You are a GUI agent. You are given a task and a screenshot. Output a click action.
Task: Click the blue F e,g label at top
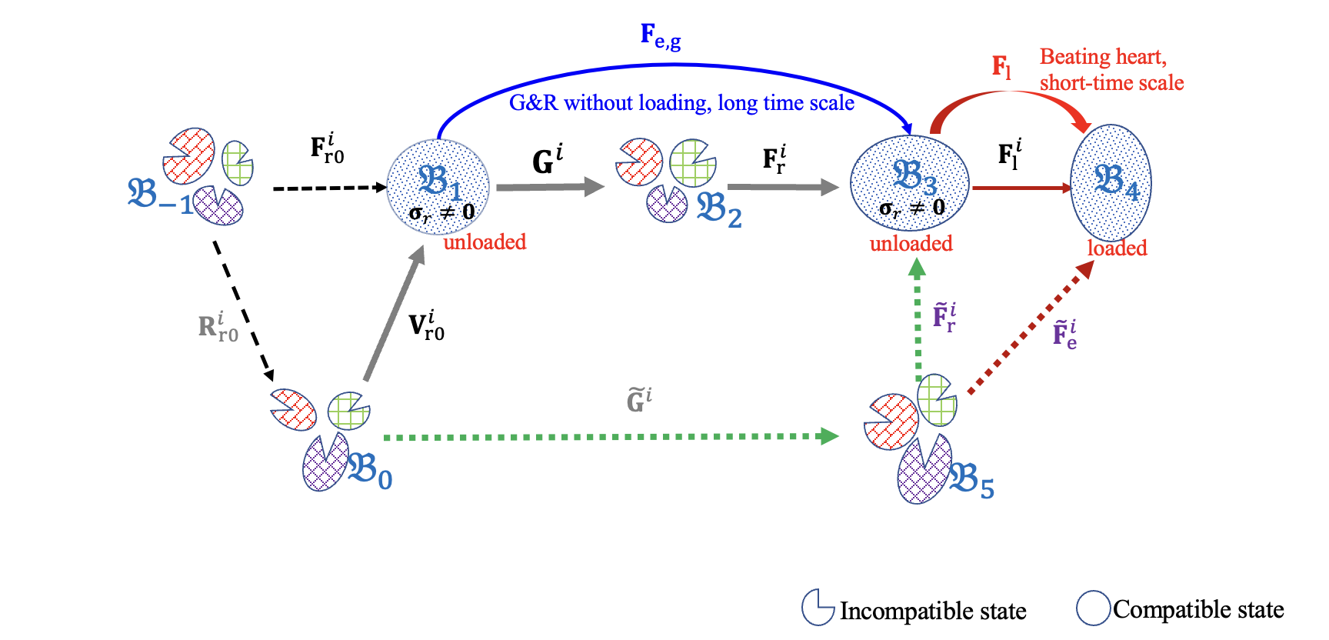tap(660, 36)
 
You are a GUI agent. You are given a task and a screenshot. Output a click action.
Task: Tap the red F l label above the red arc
tap(1001, 67)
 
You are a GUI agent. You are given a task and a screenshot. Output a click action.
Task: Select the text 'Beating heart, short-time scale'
tap(1111, 69)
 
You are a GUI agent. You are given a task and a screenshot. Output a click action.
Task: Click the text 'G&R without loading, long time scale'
tap(681, 103)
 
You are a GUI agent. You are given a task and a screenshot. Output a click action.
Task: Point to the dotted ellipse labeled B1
tap(438, 186)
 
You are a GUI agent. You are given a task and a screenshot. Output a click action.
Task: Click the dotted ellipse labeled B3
tap(909, 182)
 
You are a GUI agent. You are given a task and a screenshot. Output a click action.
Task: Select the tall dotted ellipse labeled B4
tap(1111, 183)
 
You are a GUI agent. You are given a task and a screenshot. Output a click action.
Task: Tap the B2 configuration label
tap(718, 210)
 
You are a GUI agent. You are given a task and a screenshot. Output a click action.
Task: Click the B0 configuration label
tap(370, 471)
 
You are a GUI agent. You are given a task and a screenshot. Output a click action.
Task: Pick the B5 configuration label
tap(971, 482)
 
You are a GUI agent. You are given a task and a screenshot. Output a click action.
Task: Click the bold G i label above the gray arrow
tap(547, 160)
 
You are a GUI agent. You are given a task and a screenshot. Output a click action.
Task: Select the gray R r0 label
tap(218, 326)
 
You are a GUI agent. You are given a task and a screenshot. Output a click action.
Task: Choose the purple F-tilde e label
tap(1064, 335)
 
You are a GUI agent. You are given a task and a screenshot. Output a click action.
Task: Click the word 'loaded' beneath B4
tap(1117, 248)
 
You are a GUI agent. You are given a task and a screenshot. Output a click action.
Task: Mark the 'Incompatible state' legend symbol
tap(817, 608)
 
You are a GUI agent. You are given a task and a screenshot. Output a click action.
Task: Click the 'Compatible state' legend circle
tap(1093, 608)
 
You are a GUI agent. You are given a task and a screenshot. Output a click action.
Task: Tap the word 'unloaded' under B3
tap(911, 244)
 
